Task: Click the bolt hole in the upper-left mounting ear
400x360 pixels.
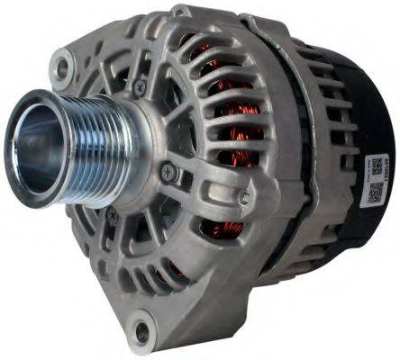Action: [62, 65]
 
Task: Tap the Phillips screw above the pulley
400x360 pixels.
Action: [141, 86]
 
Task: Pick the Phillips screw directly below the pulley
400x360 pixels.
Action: [112, 214]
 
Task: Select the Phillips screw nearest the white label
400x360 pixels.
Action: [243, 199]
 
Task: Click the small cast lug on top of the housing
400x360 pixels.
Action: [180, 12]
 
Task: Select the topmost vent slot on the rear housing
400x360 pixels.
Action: [311, 54]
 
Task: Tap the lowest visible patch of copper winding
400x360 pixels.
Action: [232, 229]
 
